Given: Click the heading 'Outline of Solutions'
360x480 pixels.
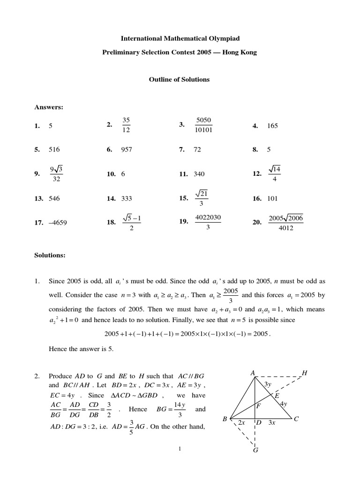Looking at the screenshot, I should point(179,80).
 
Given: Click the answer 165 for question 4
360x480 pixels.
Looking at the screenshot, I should point(272,126).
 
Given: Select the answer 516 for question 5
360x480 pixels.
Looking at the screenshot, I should point(54,150).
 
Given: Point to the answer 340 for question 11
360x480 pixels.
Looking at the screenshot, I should point(199,174).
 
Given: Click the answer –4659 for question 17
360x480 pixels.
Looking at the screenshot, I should point(58,223).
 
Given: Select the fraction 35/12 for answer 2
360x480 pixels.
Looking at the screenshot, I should point(126,125).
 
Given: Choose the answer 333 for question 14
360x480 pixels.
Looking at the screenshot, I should point(127,199).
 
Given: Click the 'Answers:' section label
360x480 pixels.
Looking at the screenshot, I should point(49,107).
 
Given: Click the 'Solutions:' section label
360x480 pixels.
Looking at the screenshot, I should point(50,255).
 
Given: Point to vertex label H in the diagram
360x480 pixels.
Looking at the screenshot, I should point(305,373).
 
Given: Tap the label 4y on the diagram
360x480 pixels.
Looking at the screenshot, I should point(284,404).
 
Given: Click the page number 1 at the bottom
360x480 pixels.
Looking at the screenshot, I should point(180,449).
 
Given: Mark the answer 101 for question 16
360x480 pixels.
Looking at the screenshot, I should point(272,199).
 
